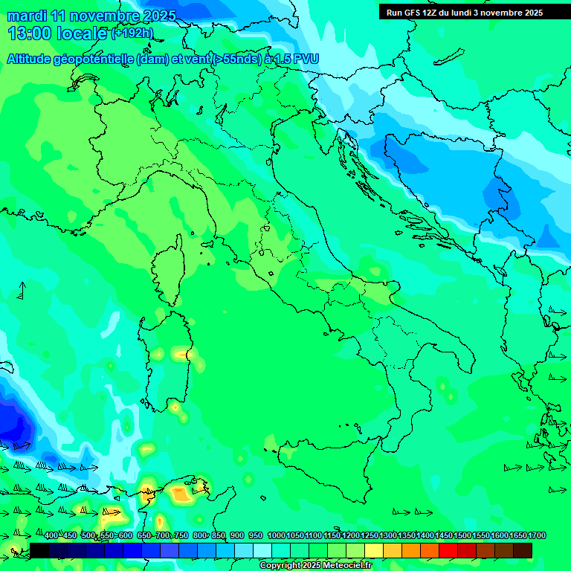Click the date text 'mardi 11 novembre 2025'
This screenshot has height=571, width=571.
pyautogui.click(x=91, y=16)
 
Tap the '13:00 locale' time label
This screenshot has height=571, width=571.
pyautogui.click(x=58, y=33)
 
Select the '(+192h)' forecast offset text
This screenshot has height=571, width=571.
pyautogui.click(x=132, y=33)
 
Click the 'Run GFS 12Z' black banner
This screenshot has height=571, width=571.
pyautogui.click(x=465, y=13)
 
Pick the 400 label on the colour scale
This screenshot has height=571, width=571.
pyautogui.click(x=51, y=536)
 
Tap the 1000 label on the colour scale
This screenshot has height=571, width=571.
pyautogui.click(x=276, y=536)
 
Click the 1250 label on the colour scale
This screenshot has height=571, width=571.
pyautogui.click(x=370, y=536)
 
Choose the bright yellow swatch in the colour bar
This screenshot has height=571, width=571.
pyautogui.click(x=374, y=550)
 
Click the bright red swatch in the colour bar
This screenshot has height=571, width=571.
pyautogui.click(x=448, y=550)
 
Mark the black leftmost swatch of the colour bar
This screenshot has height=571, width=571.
pyautogui.click(x=39, y=550)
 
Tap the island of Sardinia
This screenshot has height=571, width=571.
pyautogui.click(x=167, y=361)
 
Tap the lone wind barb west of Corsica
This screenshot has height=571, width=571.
pyautogui.click(x=21, y=290)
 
